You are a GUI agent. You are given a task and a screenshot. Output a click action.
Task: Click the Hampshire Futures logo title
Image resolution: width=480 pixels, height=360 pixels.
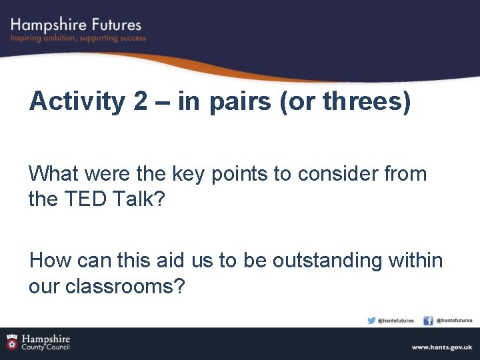tap(76, 25)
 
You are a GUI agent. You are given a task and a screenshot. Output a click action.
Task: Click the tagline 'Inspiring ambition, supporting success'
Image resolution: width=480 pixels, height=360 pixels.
tap(78, 39)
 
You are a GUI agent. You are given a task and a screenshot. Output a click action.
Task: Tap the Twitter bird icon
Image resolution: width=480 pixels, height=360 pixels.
tap(371, 321)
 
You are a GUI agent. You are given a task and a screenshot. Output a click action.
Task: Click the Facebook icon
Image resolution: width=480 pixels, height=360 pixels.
tap(428, 321)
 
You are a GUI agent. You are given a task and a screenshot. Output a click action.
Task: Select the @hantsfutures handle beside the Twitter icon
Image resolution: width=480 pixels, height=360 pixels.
tap(396, 321)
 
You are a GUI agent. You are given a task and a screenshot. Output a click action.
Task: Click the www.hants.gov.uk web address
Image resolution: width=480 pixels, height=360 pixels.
tap(441, 347)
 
